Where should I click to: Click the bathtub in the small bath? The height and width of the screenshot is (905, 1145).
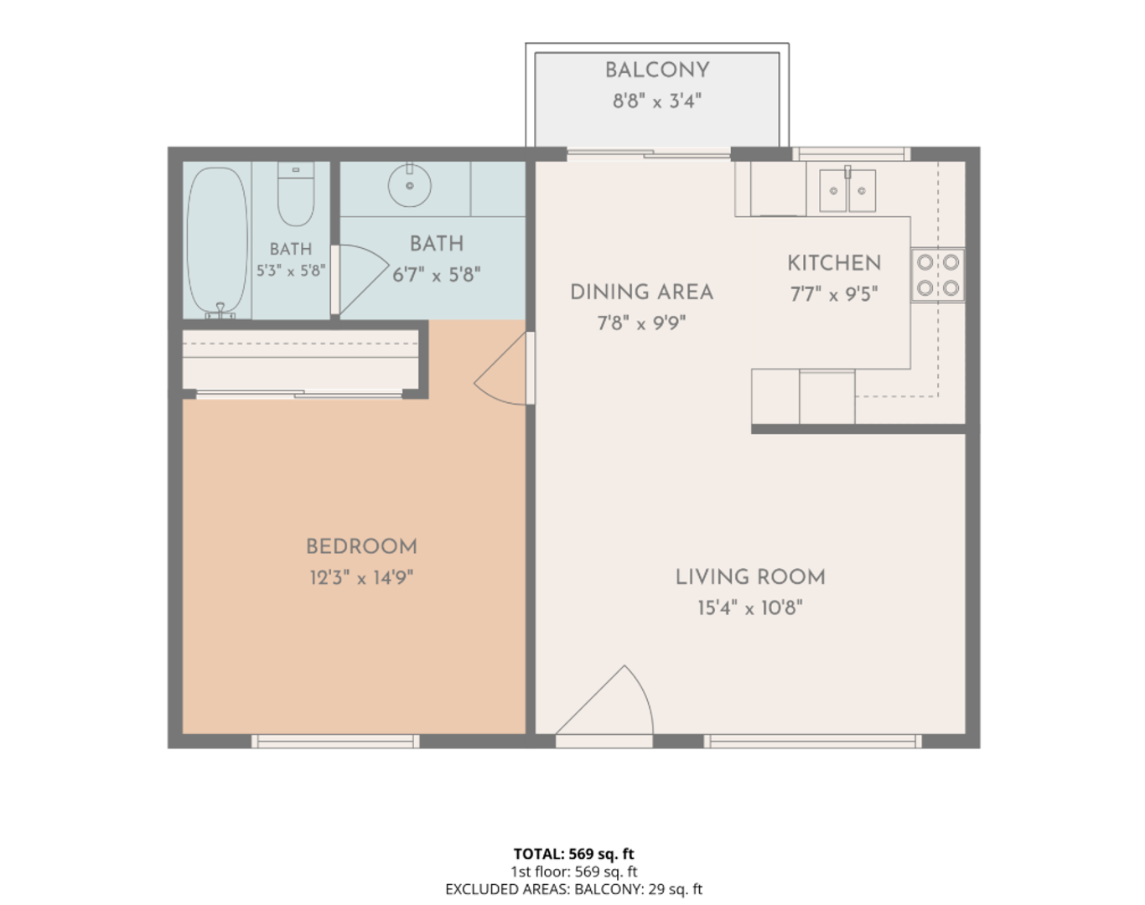(x=218, y=242)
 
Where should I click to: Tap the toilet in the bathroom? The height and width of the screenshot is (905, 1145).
(x=296, y=194)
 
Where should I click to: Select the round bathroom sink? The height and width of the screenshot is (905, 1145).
(x=409, y=184)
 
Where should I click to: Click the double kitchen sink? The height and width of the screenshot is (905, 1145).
(x=847, y=189)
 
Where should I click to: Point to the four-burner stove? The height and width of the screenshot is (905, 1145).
(x=937, y=275)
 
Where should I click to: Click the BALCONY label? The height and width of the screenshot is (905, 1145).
(x=657, y=70)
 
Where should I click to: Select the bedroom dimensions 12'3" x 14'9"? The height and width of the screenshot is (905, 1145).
(x=361, y=577)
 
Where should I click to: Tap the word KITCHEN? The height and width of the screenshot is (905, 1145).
(x=834, y=263)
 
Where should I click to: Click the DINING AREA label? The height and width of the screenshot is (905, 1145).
(x=641, y=292)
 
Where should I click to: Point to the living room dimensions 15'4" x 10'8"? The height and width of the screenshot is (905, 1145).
(x=749, y=607)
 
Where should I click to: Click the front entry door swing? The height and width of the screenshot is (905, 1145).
(x=604, y=701)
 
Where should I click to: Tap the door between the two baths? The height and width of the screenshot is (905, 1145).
(x=362, y=279)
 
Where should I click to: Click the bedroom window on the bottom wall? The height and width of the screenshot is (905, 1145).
(x=335, y=741)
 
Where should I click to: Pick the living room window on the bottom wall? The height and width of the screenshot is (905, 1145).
(x=812, y=741)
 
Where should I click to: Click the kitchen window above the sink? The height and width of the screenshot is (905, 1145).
(x=852, y=153)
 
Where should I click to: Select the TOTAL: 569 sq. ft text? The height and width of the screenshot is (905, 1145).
(x=573, y=854)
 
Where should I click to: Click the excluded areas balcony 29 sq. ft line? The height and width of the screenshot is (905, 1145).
(x=573, y=889)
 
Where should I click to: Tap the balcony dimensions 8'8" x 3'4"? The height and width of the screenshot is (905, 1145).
(x=657, y=101)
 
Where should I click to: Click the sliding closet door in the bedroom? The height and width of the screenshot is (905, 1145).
(x=299, y=394)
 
